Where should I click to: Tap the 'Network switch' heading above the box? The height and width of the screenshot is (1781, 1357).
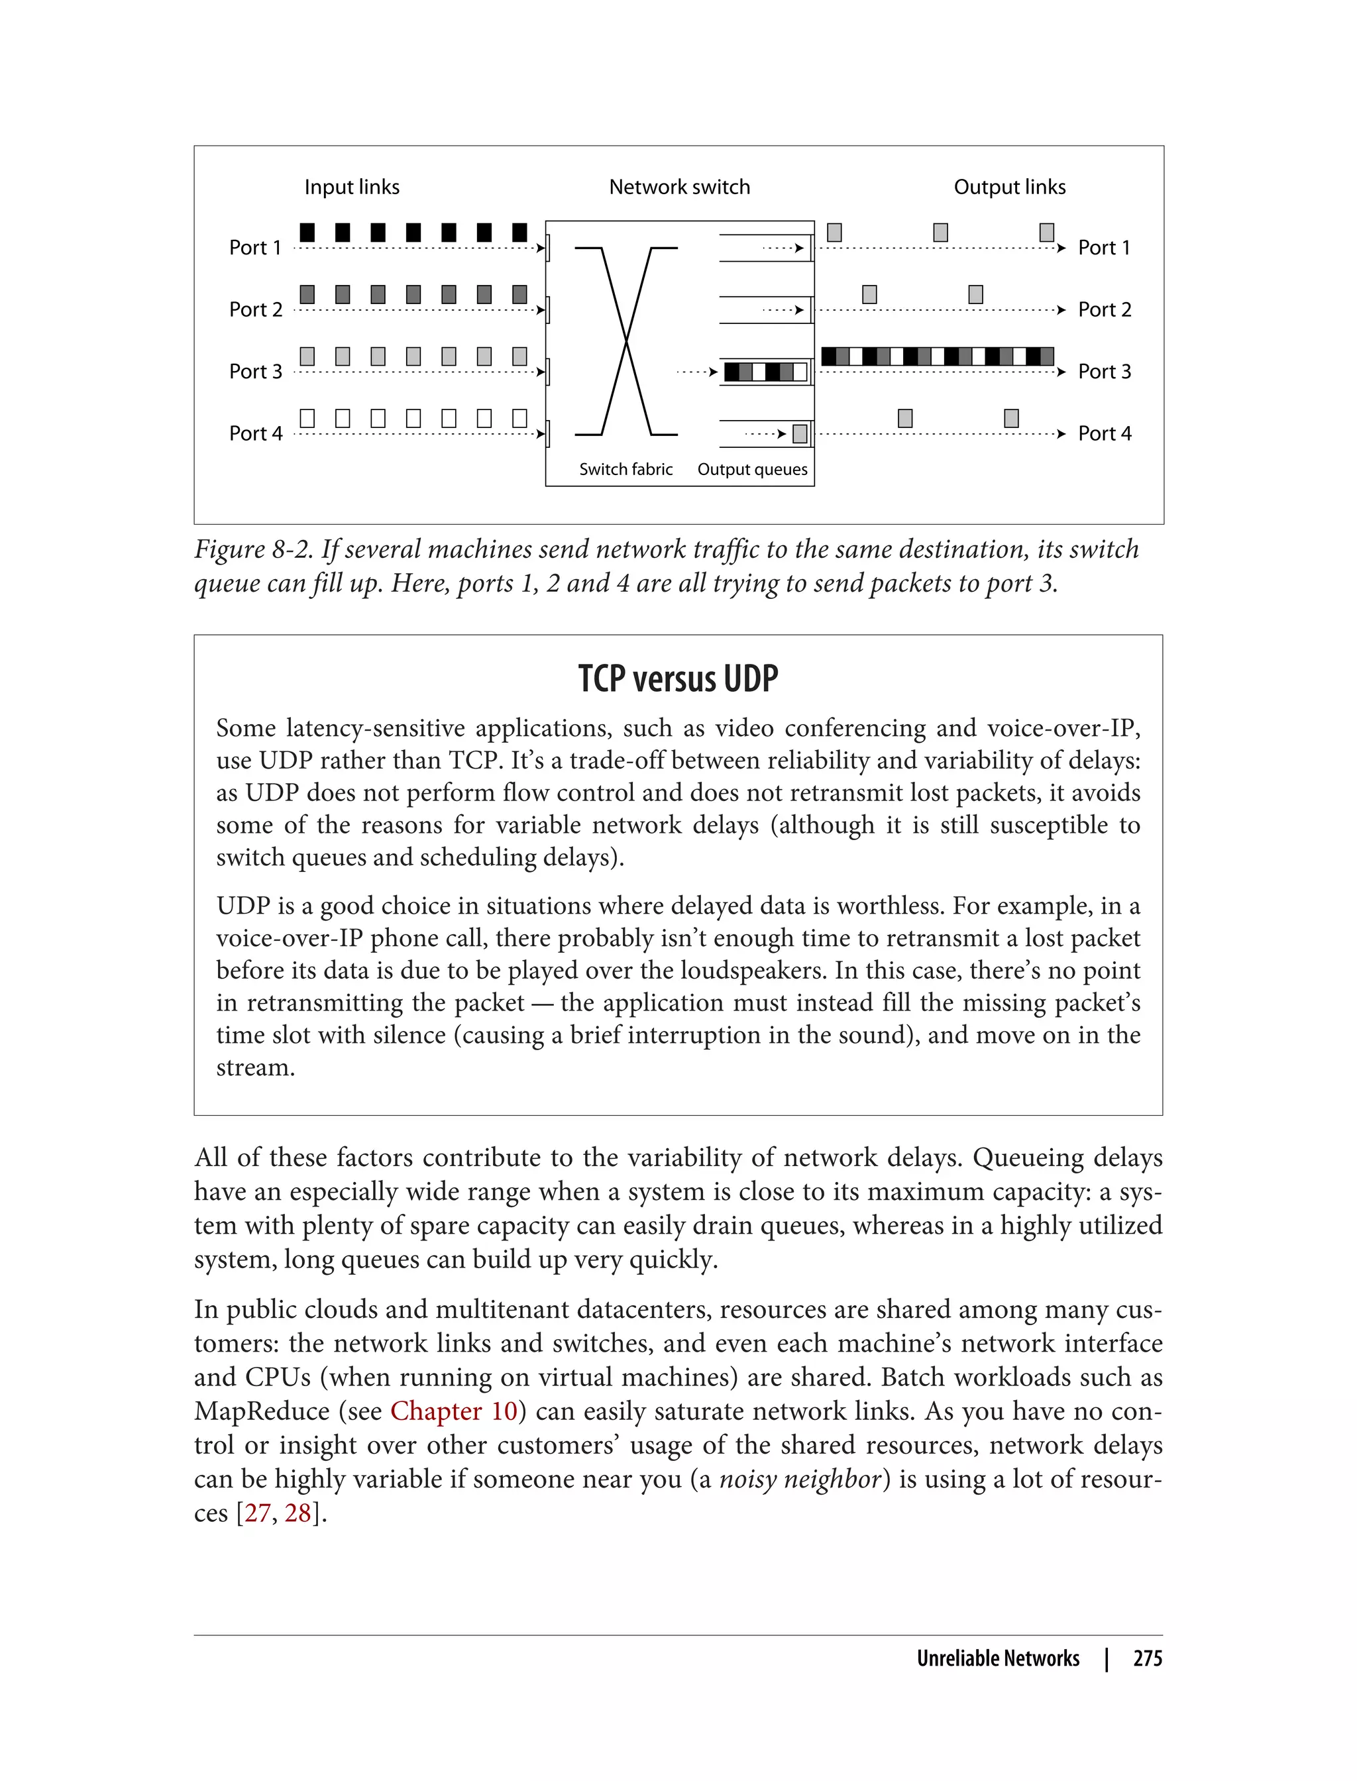(678, 187)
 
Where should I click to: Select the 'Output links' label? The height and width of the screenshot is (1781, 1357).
(1009, 187)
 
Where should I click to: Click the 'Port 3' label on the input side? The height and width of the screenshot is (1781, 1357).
(255, 372)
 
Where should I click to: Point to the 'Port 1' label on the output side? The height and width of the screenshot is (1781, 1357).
(1103, 248)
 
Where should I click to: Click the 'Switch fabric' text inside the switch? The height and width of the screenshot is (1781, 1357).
(625, 469)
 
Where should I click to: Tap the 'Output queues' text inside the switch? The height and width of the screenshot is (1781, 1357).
(752, 469)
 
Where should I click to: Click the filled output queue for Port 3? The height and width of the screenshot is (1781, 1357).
(765, 372)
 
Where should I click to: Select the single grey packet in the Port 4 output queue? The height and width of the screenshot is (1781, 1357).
(800, 435)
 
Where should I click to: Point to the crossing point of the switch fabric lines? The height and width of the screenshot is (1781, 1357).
(626, 342)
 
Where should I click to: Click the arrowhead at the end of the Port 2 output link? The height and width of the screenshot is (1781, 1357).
(1061, 310)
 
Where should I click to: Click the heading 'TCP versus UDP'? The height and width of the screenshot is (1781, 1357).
(678, 678)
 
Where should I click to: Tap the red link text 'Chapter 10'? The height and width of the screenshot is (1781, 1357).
(453, 1411)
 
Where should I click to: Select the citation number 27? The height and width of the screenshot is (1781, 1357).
(257, 1513)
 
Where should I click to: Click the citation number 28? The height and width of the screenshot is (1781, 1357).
(298, 1513)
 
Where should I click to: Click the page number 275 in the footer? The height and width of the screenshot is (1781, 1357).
(1147, 1658)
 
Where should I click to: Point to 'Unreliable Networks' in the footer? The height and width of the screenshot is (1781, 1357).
(998, 1658)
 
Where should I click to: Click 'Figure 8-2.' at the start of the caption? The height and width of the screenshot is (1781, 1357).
(252, 550)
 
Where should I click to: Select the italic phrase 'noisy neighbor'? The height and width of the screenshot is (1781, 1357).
(800, 1479)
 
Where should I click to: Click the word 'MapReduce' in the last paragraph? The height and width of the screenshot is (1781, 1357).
(262, 1411)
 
